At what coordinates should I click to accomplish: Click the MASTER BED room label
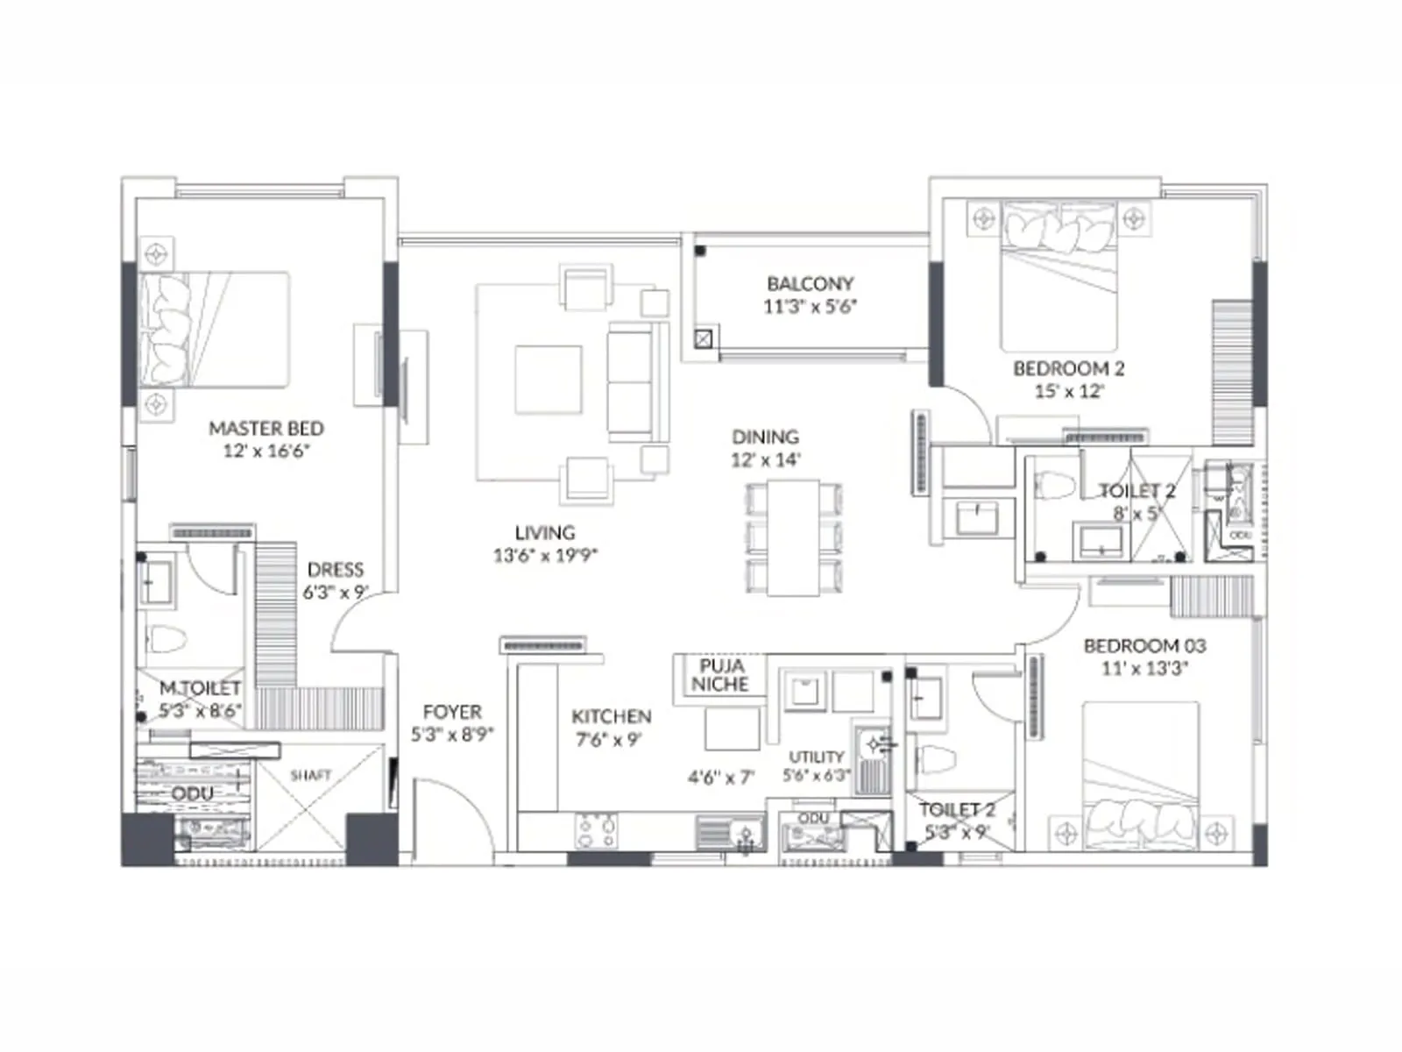click(266, 429)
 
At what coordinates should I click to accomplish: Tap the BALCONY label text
click(810, 284)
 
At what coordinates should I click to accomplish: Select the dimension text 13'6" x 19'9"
click(545, 555)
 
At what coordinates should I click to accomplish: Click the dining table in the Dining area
click(793, 537)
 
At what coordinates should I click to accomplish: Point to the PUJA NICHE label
click(720, 674)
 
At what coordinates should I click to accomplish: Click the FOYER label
click(452, 712)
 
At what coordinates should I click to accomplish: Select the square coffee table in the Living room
click(549, 380)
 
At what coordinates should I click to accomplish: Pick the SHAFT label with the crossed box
click(311, 776)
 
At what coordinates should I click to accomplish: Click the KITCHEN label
click(611, 716)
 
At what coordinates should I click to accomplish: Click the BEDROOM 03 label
click(1144, 646)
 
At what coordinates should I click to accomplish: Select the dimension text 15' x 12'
click(1069, 391)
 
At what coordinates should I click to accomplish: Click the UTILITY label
click(817, 757)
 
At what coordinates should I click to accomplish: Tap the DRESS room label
click(336, 570)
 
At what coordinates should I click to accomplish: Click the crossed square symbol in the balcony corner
click(704, 338)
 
